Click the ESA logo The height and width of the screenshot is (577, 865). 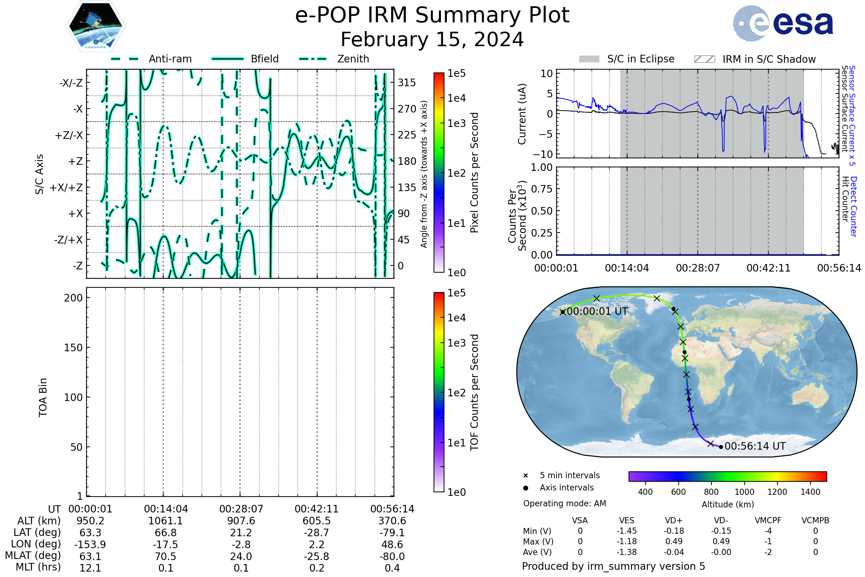pos(782,23)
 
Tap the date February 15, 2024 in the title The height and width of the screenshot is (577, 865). pos(432,39)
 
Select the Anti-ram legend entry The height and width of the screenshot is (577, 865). pos(151,59)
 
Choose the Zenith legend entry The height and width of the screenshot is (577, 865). pos(334,59)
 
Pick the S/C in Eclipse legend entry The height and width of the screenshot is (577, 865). pos(627,59)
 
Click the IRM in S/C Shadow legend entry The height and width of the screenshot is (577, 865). pos(755,59)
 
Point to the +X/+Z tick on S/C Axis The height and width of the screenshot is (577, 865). pos(66,188)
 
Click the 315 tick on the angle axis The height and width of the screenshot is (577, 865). pos(407,83)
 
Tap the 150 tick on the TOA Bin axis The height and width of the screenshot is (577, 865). pos(74,348)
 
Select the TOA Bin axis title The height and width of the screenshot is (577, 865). pos(43,397)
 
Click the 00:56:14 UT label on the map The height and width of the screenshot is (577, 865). pos(755,446)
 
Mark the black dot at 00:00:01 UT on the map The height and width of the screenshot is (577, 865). pos(563,312)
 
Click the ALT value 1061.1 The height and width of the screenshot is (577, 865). pos(165,521)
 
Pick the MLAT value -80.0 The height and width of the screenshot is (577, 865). pos(392,556)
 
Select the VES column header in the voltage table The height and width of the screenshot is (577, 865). pos(627,520)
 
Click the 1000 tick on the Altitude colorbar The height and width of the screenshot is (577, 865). pos(744,492)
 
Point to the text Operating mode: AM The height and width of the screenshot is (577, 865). pos(564,503)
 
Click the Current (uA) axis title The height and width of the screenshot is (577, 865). pos(522,114)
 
